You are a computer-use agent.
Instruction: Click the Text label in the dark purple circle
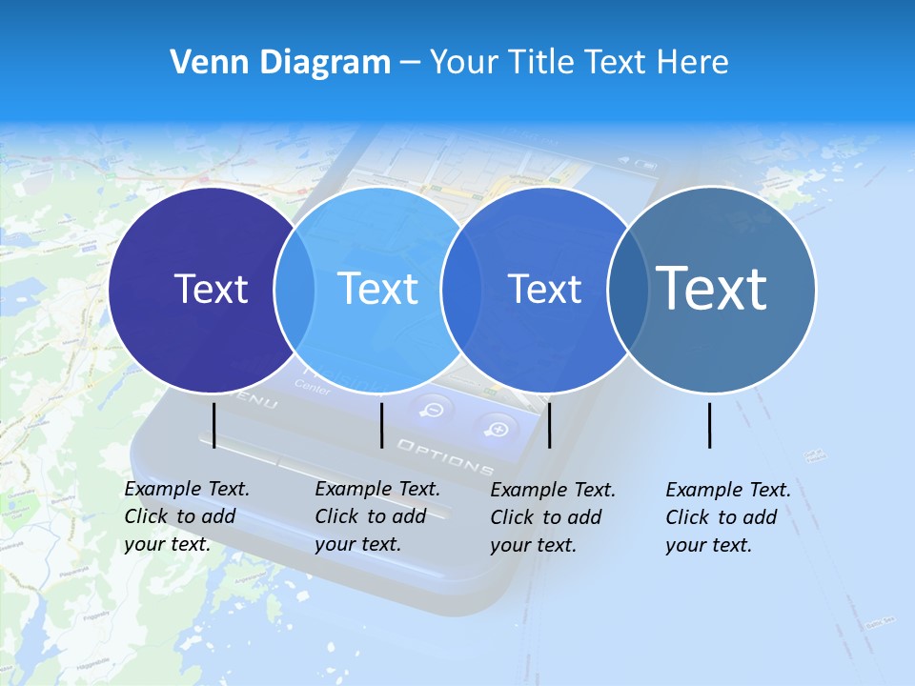pos(211,289)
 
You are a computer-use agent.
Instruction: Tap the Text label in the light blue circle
pos(378,289)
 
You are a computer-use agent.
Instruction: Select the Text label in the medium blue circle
pos(544,289)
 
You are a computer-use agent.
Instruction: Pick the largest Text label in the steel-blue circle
pos(712,288)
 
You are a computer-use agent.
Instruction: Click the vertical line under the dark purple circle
pos(213,425)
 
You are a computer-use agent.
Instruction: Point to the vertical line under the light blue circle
pos(381,425)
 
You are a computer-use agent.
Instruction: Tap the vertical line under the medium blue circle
pos(549,425)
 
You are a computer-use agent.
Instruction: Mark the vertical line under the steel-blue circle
pos(710,425)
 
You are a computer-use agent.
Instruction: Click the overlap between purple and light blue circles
pos(295,290)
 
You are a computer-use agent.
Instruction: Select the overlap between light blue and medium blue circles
pos(461,290)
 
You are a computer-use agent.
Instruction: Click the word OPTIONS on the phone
pos(445,457)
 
